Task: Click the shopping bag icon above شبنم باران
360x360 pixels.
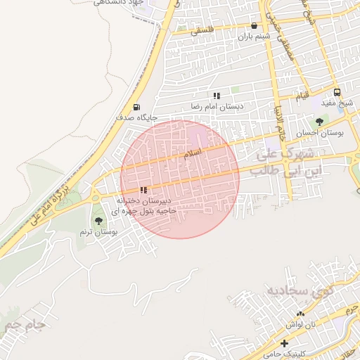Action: point(254,25)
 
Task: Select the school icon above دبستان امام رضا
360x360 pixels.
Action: point(217,95)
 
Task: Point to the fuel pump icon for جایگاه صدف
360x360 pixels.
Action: point(136,107)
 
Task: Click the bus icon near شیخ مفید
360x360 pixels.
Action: point(337,92)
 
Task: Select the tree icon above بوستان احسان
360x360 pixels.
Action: point(320,121)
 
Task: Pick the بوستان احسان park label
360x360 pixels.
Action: point(320,132)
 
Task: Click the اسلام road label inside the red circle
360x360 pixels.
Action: point(192,153)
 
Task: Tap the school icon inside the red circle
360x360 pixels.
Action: point(144,190)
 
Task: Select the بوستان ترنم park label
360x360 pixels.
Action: point(99,231)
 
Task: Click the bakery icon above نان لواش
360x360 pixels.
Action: point(300,314)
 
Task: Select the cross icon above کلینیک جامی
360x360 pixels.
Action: point(284,343)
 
